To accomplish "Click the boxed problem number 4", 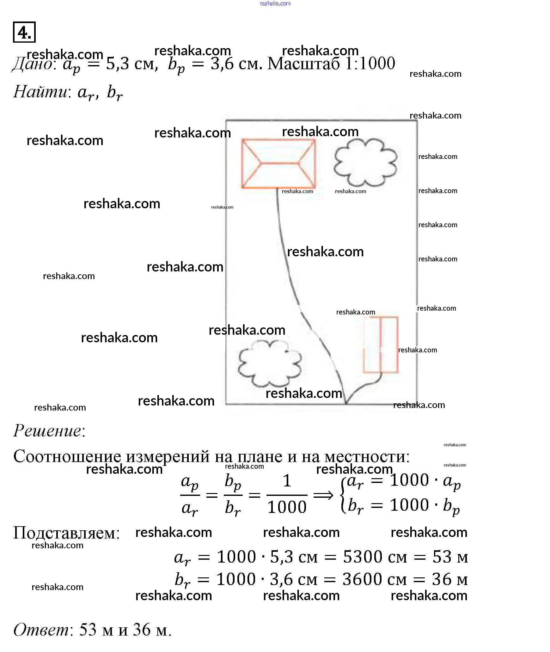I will [x=24, y=32].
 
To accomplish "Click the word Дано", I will [x=33, y=64].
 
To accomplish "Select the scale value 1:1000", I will [x=370, y=64].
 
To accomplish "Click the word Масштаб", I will [x=303, y=64].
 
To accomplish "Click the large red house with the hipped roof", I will [x=278, y=163].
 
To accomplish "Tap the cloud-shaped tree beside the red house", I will [x=365, y=162].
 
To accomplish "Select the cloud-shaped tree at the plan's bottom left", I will [x=269, y=364].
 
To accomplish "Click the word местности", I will [x=367, y=456].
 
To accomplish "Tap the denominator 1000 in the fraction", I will [x=287, y=507].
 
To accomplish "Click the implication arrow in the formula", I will [x=323, y=495].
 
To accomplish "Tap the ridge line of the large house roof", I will [x=280, y=163].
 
